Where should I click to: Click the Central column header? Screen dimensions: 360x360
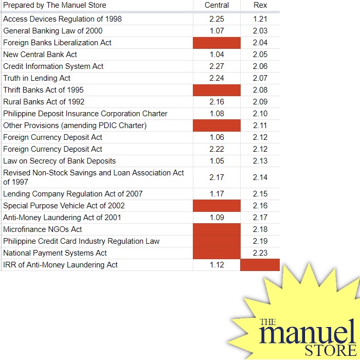tap(217, 5)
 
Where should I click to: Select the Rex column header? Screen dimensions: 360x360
tap(260, 5)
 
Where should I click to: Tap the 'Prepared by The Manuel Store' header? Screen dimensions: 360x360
tap(55, 5)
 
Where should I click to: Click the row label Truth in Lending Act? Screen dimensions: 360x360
tap(37, 78)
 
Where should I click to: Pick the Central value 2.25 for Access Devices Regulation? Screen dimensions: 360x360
tap(217, 19)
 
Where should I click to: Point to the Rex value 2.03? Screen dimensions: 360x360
tap(260, 31)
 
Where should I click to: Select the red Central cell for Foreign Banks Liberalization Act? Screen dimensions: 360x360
tap(217, 43)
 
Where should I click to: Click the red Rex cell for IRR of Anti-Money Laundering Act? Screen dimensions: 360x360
tap(260, 265)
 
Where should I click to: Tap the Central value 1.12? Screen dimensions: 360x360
tap(217, 265)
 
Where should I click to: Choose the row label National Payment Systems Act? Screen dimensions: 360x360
tap(55, 253)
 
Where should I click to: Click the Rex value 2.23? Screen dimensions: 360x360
tap(260, 253)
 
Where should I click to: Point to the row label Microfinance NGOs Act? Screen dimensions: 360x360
tap(43, 229)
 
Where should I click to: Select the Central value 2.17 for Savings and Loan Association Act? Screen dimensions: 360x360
tap(217, 177)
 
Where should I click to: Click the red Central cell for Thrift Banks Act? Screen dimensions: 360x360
tap(217, 90)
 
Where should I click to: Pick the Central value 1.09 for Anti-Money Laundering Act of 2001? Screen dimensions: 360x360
tap(217, 218)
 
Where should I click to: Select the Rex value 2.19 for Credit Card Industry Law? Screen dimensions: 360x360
tap(260, 241)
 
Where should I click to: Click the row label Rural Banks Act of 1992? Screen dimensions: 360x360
tap(44, 102)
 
